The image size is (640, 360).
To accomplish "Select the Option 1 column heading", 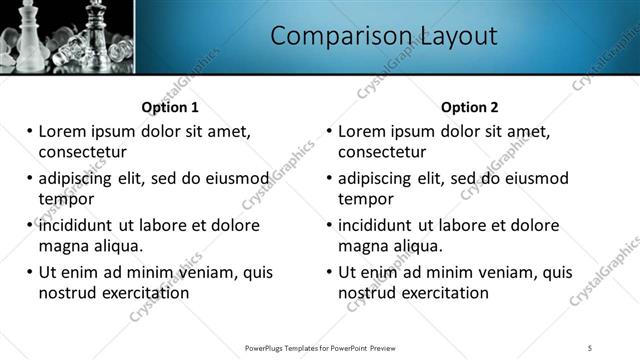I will pos(170,107).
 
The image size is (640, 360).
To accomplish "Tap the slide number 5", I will pos(591,347).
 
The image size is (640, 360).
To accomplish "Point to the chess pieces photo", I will pos(66,37).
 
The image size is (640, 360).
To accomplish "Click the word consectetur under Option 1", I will pos(82,152).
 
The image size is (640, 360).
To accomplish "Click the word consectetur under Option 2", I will pos(382,152).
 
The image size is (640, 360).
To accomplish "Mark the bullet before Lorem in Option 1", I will pos(30,132).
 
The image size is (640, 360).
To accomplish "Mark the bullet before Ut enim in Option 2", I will pos(330,272).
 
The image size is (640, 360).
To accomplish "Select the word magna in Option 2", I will pos(362,246).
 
